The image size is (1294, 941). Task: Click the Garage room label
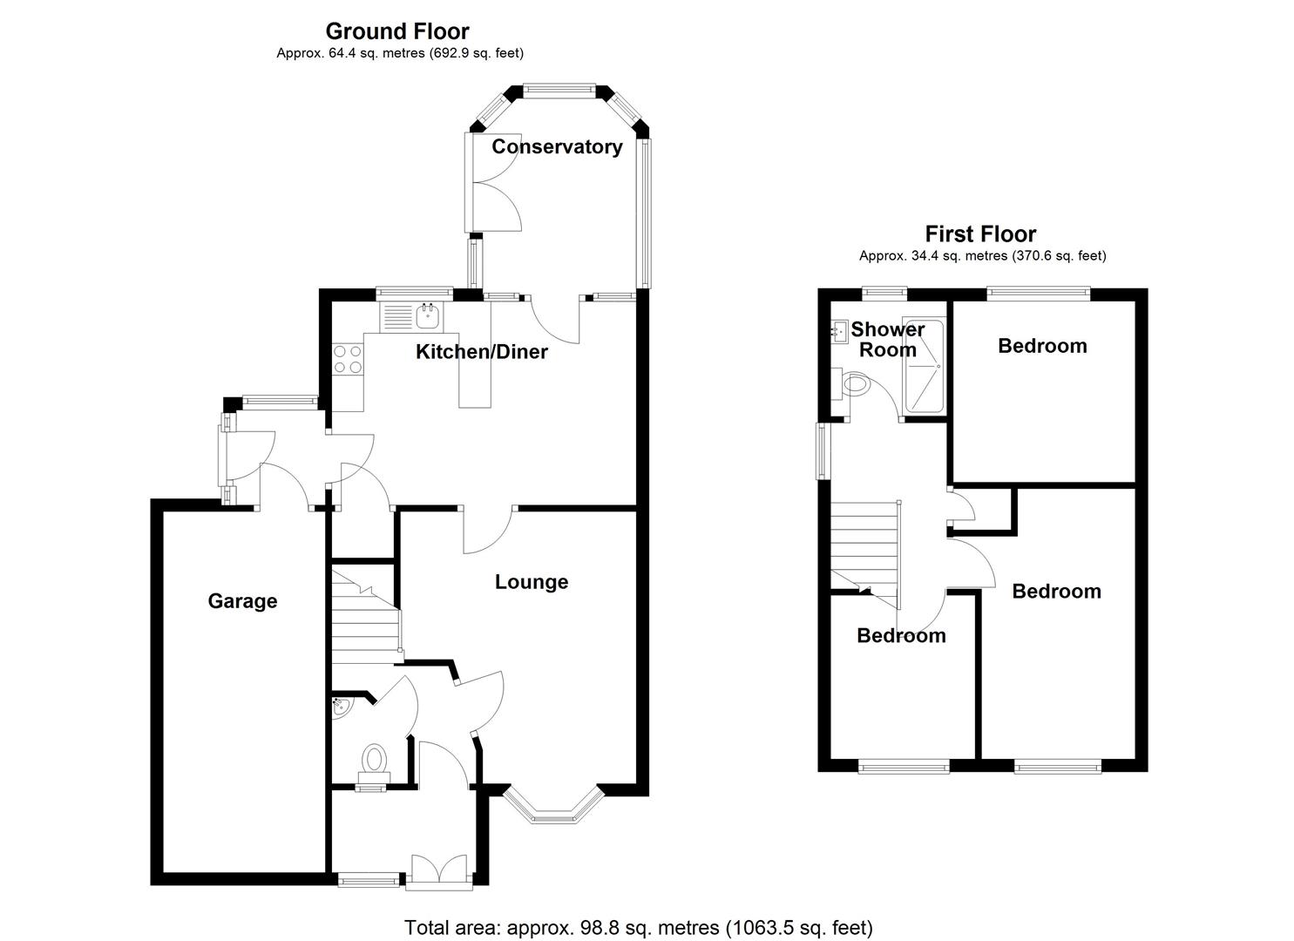click(242, 601)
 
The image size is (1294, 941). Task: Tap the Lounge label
click(532, 582)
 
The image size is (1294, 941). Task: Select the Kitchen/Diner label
click(482, 352)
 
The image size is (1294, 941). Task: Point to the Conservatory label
click(557, 146)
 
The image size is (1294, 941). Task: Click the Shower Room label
click(888, 340)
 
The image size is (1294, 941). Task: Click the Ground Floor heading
click(397, 31)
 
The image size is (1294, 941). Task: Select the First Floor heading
click(980, 234)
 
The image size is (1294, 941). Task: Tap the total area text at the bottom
click(638, 927)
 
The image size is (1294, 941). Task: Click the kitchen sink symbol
click(428, 315)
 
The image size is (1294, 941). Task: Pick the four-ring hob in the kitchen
click(348, 360)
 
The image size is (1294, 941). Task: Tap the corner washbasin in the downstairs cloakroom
click(342, 708)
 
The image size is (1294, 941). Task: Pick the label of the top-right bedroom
click(1042, 346)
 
